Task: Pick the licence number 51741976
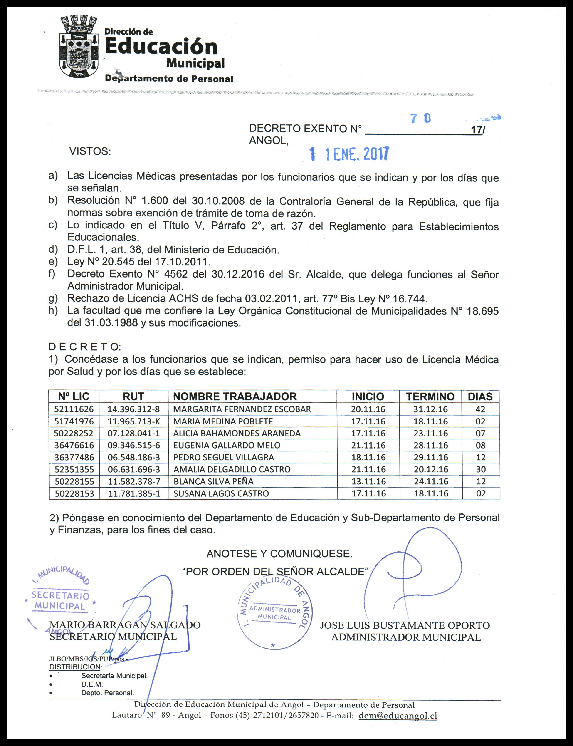coord(74,421)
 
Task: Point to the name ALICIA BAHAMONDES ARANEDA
coord(237,433)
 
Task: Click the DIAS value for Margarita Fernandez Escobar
coord(480,409)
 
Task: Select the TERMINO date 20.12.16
coord(431,469)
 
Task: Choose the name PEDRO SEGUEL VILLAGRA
coord(223,457)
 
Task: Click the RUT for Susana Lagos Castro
coord(134,493)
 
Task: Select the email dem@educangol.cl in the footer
coord(398,715)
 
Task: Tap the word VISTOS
coord(90,151)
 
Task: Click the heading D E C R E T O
coord(85,347)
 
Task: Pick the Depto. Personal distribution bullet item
coord(107,693)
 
